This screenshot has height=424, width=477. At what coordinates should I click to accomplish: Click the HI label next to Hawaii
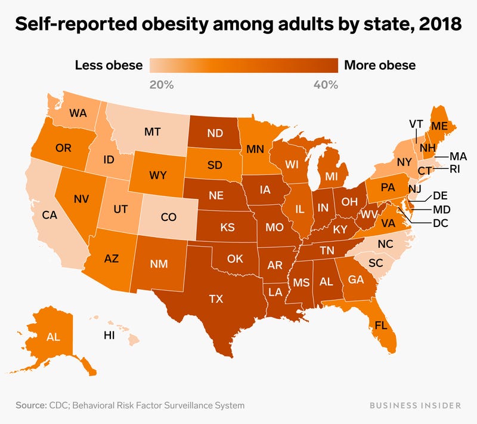[x=109, y=336]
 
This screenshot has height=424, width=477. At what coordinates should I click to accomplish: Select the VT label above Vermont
[x=417, y=124]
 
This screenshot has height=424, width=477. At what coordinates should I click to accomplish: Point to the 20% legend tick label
[x=161, y=85]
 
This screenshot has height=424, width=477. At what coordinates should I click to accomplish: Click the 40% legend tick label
[x=326, y=85]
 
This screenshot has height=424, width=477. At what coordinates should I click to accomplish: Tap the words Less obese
[x=109, y=65]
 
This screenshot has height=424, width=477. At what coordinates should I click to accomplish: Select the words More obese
[x=380, y=65]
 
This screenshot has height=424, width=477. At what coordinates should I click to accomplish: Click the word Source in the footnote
[x=31, y=405]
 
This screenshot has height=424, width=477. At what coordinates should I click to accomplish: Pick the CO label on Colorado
[x=169, y=217]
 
